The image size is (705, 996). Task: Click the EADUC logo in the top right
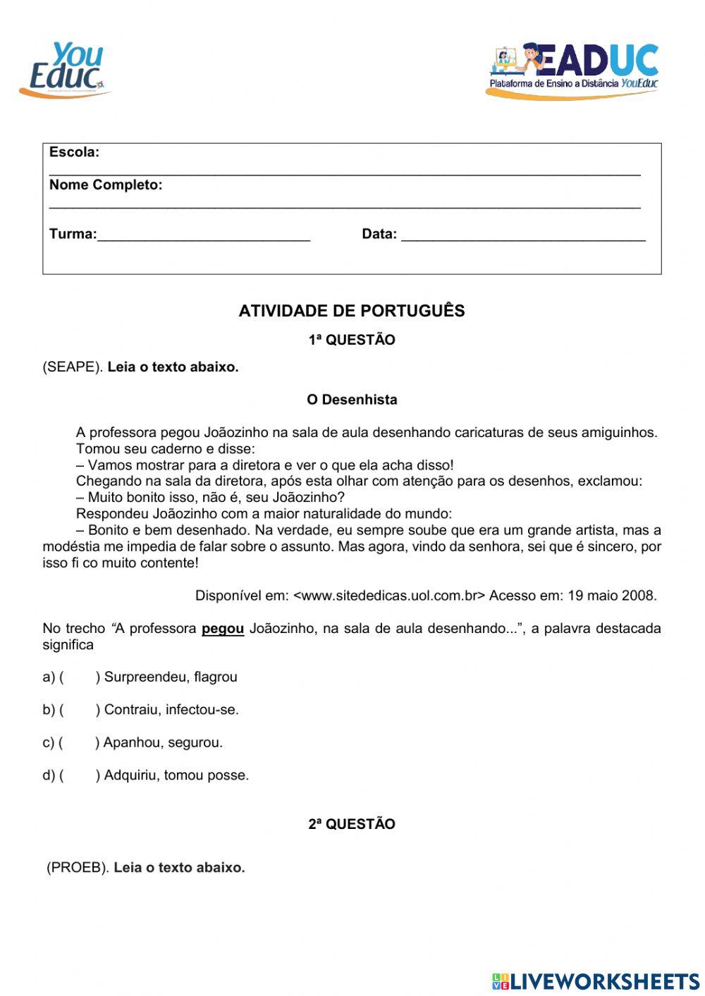pyautogui.click(x=572, y=70)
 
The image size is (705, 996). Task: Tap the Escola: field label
pyautogui.click(x=74, y=152)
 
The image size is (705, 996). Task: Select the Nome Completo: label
pyautogui.click(x=106, y=185)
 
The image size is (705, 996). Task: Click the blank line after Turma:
pyautogui.click(x=204, y=235)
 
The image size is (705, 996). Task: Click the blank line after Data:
pyautogui.click(x=523, y=235)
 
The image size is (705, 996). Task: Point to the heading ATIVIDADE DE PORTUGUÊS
pyautogui.click(x=352, y=311)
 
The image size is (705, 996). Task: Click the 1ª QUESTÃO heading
pyautogui.click(x=352, y=340)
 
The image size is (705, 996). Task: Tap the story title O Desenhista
pyautogui.click(x=352, y=400)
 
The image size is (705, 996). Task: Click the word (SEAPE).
pyautogui.click(x=73, y=367)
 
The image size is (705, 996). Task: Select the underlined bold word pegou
pyautogui.click(x=223, y=628)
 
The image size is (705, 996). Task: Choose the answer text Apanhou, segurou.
pyautogui.click(x=163, y=742)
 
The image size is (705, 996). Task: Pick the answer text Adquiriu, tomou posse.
pyautogui.click(x=176, y=775)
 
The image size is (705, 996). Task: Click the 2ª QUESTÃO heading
pyautogui.click(x=352, y=824)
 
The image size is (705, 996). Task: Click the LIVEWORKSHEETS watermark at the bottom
pyautogui.click(x=596, y=981)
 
